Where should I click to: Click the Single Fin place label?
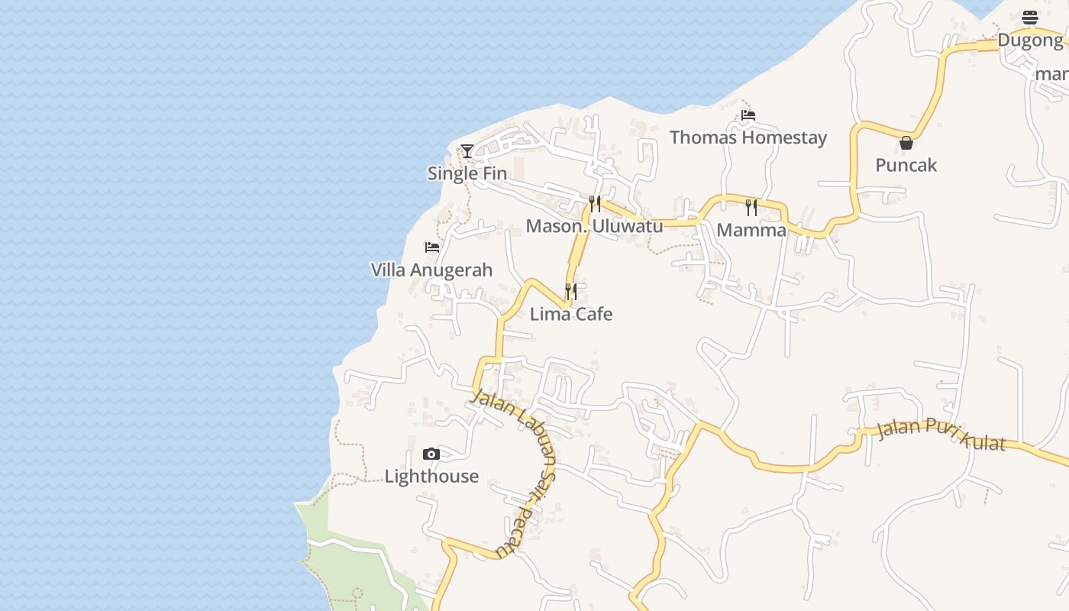(467, 173)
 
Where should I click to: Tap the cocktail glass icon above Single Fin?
(467, 151)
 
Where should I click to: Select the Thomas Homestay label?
(748, 137)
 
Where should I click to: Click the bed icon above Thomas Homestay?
(748, 115)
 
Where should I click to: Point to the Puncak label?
(906, 165)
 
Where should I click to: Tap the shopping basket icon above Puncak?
(906, 143)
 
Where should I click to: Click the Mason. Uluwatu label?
(594, 226)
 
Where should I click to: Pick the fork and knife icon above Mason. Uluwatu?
(595, 204)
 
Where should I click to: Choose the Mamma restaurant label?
(751, 230)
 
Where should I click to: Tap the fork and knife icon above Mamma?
(751, 208)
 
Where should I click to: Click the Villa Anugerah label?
(431, 270)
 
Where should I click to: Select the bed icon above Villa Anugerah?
(432, 247)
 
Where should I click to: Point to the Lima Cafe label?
(571, 314)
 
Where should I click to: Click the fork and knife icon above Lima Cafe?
(571, 292)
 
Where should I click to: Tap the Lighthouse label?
(431, 477)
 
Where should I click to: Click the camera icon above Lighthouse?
(431, 454)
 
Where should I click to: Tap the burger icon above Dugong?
(1030, 18)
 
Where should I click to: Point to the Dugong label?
(1030, 40)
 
